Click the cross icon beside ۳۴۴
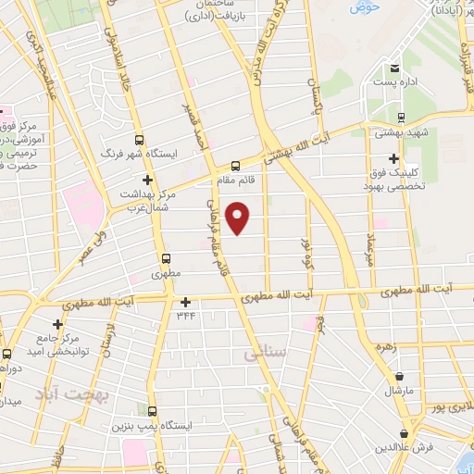tap(186, 302)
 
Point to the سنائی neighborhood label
tap(261, 353)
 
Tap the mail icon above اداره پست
tap(394, 69)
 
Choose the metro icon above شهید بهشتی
tap(400, 118)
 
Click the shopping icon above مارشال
tap(399, 377)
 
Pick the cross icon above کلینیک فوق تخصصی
tap(394, 158)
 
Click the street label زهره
tap(386, 346)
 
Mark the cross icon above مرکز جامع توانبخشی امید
tap(57, 324)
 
